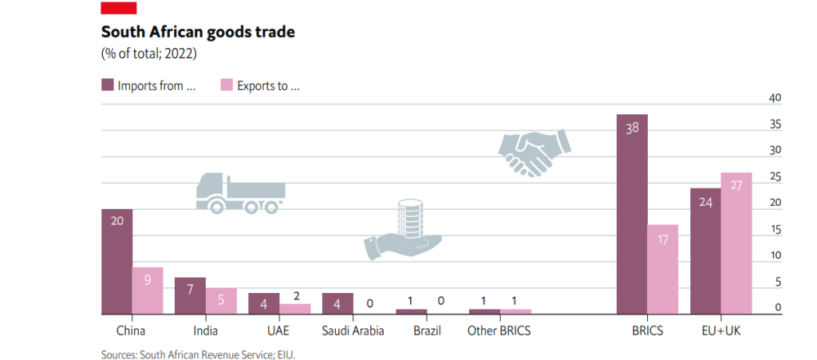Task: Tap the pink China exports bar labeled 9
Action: pyautogui.click(x=147, y=291)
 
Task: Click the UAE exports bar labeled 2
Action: pyautogui.click(x=294, y=309)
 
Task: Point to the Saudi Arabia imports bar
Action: pyautogui.click(x=337, y=303)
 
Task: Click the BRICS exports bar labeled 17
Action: pyautogui.click(x=662, y=269)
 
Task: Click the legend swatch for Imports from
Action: pyautogui.click(x=107, y=85)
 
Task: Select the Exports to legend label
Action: pyautogui.click(x=268, y=85)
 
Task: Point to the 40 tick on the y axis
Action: pyautogui.click(x=774, y=98)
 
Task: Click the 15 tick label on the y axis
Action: pyautogui.click(x=774, y=230)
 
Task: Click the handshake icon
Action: pyautogui.click(x=534, y=152)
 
